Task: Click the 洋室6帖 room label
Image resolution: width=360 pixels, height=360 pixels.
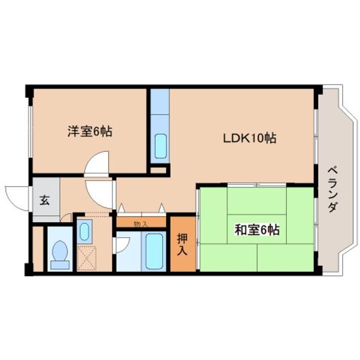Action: [90, 132]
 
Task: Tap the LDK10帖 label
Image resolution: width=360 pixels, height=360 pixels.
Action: [250, 138]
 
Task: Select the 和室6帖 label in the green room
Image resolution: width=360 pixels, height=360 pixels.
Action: [257, 230]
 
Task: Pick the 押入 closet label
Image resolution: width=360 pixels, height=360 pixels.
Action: [183, 244]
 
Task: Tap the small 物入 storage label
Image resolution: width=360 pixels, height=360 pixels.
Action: [140, 224]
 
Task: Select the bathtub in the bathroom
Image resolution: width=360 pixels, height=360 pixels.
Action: [154, 250]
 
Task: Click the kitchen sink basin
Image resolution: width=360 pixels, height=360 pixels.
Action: [160, 146]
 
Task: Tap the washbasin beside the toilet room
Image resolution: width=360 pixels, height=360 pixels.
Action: [84, 231]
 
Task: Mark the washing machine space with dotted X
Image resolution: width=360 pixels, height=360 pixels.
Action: [86, 258]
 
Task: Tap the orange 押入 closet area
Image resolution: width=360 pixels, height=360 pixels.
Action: [183, 244]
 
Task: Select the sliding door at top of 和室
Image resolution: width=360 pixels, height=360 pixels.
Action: [256, 184]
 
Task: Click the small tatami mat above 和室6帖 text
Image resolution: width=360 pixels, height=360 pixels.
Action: [257, 201]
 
